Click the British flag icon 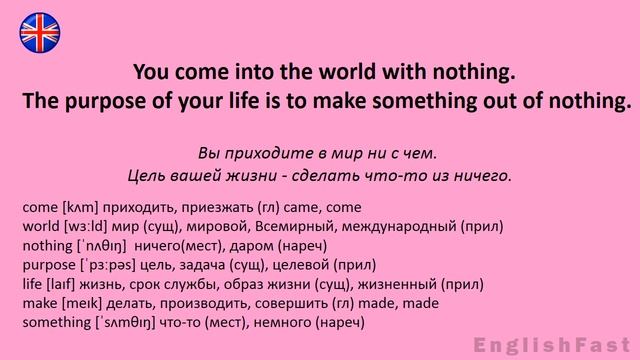point(39,30)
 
